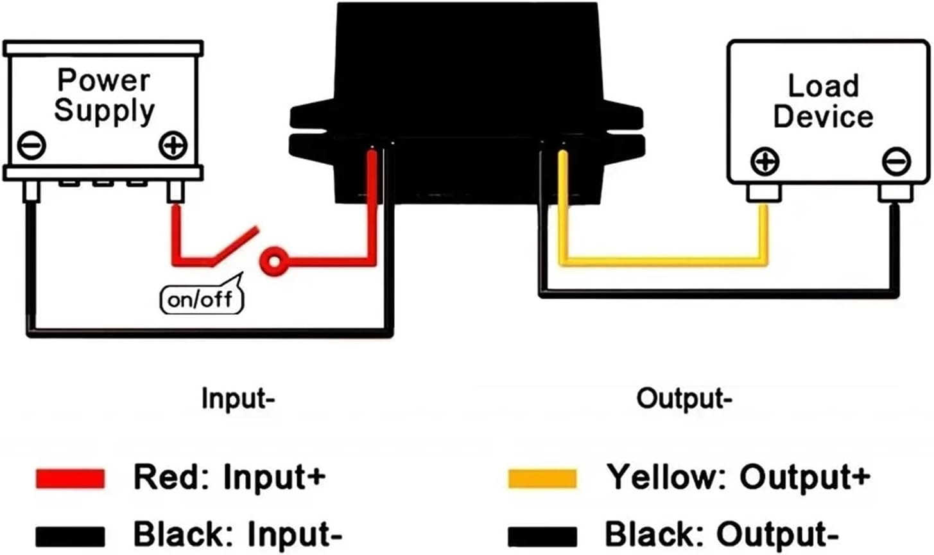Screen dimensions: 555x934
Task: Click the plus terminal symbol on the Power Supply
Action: coord(173,145)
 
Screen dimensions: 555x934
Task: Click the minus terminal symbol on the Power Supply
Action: coord(31,145)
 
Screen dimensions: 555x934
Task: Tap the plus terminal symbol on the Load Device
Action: coord(764,161)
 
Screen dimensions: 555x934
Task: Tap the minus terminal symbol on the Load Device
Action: coord(895,161)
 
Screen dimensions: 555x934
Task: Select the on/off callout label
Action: coord(201,299)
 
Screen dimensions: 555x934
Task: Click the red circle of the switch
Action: coord(273,261)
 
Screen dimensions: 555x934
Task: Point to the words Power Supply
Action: coord(104,95)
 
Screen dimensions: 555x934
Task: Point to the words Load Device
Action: coord(823,101)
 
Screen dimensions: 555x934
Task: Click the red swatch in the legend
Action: coord(70,479)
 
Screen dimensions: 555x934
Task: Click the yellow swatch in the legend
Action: coord(542,479)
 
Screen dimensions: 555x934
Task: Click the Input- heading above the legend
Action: coord(238,399)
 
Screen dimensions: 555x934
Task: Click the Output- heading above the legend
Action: coord(684,399)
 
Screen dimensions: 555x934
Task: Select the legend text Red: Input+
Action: coord(229,477)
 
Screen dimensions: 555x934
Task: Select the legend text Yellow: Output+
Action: coord(738,477)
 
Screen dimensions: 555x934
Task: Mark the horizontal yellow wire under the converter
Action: coord(661,261)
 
